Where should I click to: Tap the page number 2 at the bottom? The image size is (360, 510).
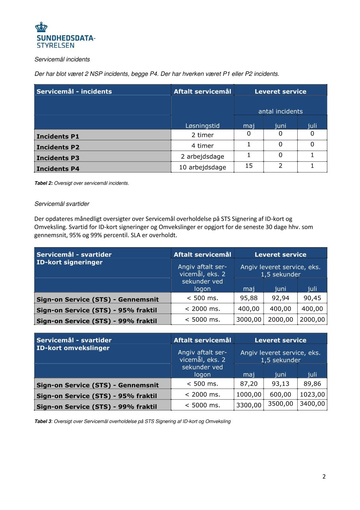tap(324, 476)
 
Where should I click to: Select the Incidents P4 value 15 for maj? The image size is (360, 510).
tap(249, 166)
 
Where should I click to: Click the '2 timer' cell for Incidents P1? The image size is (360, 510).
tap(203, 135)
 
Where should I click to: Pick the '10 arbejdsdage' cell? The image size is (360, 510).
tap(203, 167)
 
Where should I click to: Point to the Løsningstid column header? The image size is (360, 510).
tap(203, 126)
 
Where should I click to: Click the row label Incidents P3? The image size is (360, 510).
tap(58, 158)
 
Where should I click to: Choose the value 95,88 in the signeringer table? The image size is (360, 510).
tap(249, 298)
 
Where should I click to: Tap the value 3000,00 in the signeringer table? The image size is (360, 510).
tap(249, 319)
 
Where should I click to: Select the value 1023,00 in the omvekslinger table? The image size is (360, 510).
tap(312, 394)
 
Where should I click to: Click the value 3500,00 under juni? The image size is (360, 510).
tap(280, 403)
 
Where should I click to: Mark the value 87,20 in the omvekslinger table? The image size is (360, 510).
tap(249, 383)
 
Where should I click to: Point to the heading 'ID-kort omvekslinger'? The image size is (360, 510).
tap(73, 348)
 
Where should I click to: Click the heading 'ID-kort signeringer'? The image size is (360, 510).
tap(69, 262)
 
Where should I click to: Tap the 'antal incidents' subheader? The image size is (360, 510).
tap(280, 111)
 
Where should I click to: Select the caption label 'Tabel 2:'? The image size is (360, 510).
tap(43, 183)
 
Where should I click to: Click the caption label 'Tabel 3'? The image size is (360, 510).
tap(43, 421)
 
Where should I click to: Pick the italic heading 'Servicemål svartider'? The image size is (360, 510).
tap(62, 204)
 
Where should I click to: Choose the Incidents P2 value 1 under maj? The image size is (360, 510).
tap(249, 144)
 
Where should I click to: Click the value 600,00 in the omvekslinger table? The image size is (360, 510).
tap(280, 394)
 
